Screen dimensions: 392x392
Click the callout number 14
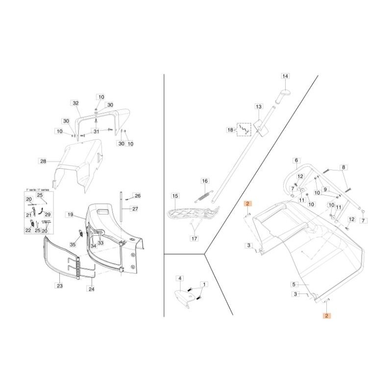pos(286,76)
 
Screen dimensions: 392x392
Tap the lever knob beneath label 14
pos(282,95)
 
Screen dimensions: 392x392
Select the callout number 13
pos(259,106)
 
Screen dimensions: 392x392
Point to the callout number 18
pos(230,130)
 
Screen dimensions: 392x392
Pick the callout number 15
pos(175,196)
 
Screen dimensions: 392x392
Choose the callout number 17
pos(195,239)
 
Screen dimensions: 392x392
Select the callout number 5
pos(294,284)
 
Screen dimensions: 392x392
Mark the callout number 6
pos(296,160)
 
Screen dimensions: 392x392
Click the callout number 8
pos(343,167)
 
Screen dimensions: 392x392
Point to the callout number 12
pos(351,219)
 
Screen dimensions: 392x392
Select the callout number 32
pos(75,103)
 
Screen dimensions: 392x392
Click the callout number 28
pos(43,161)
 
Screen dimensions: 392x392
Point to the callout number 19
pos(70,215)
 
